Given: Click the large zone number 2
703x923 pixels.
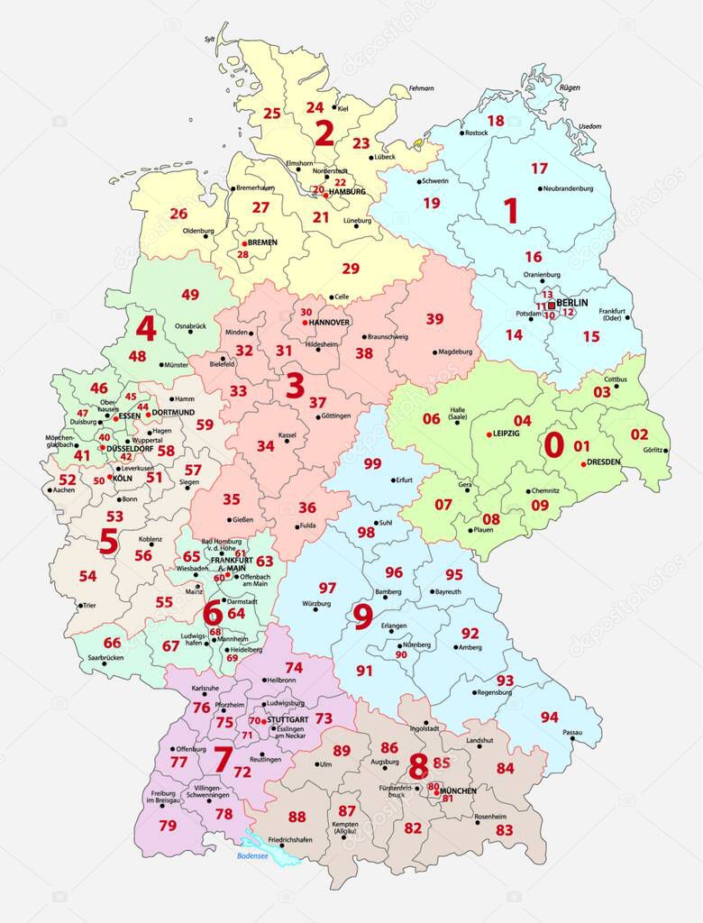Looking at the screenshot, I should pos(324,133).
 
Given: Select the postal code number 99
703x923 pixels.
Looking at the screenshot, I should pos(372,463).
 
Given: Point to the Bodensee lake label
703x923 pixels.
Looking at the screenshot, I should pos(253,856).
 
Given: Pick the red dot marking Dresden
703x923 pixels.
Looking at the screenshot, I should pos(584,463).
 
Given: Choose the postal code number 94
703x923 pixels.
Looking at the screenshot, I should pos(549,717).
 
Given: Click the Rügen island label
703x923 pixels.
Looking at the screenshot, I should pos(569,87).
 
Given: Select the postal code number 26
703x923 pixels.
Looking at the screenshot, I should pos(178,214).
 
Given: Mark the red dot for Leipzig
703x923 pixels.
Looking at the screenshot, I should pos(488,434).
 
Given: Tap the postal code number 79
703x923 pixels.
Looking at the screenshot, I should pos(168,825).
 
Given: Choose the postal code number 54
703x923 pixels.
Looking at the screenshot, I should pos(87,575).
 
